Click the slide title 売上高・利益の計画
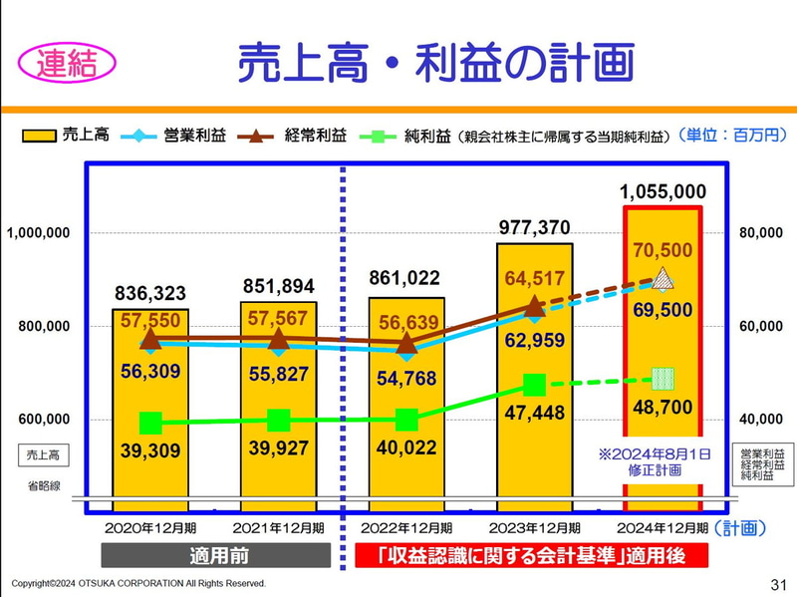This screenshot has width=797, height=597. (x=435, y=61)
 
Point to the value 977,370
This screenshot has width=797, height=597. (x=534, y=228)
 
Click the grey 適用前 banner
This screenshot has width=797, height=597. (x=215, y=555)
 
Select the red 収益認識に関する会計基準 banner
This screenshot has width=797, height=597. (x=531, y=555)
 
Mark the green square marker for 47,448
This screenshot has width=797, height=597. (x=534, y=385)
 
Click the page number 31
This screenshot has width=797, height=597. (x=778, y=583)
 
